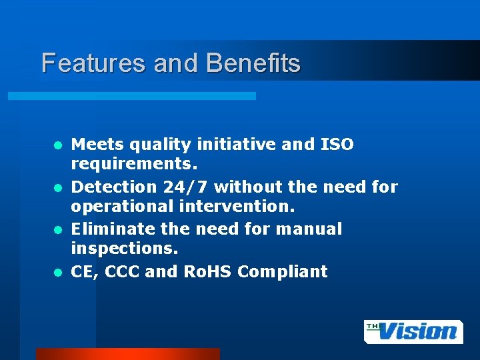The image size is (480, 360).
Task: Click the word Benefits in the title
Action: point(253,63)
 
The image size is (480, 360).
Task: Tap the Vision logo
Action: point(413,331)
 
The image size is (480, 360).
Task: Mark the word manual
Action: point(313,230)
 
